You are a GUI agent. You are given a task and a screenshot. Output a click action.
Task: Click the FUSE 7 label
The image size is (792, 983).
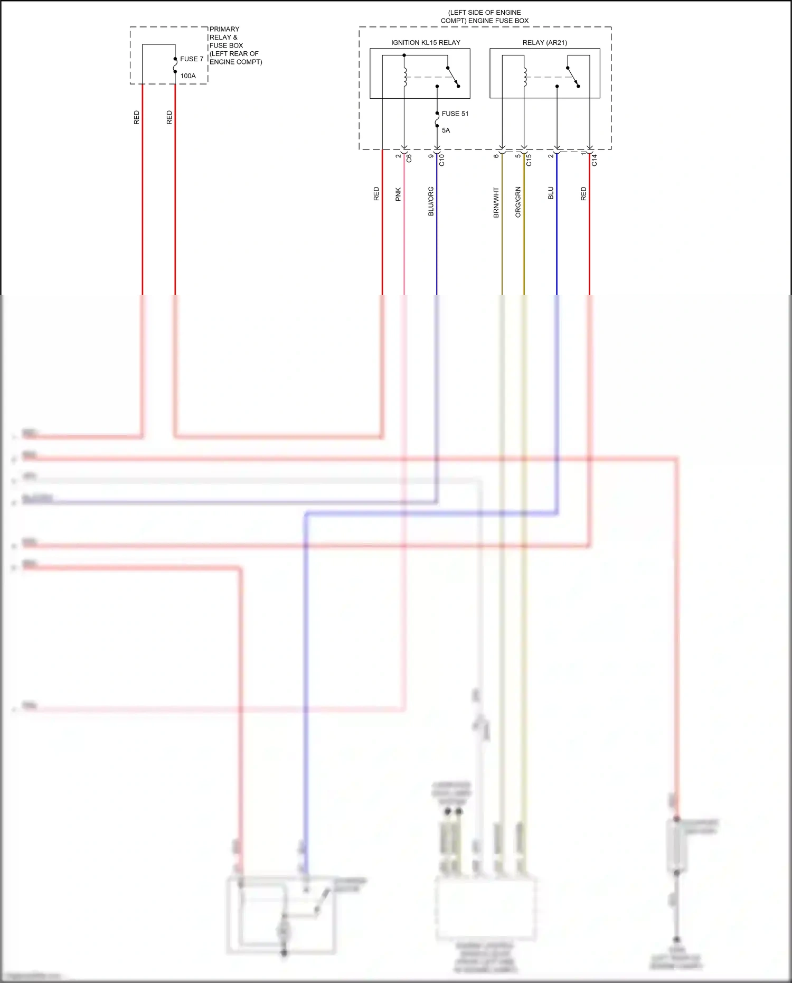pos(191,59)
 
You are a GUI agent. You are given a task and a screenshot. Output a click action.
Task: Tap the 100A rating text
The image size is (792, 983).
pos(188,76)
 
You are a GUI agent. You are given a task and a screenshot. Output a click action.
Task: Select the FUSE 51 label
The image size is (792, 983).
pos(455,114)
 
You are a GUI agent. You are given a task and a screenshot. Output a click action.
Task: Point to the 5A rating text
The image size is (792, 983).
pos(446,130)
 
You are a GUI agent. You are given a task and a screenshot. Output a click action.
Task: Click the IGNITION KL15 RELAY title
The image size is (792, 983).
pos(426,43)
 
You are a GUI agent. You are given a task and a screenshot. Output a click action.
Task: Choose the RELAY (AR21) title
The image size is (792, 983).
pos(544,43)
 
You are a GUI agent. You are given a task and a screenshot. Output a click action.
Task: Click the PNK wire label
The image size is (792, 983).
pos(398,194)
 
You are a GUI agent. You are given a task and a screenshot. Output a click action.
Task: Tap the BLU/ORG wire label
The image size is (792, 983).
pos(431,201)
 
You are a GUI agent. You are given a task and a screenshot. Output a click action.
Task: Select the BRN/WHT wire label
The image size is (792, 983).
pos(496,203)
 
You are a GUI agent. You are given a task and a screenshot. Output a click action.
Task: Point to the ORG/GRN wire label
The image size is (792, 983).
pos(518,202)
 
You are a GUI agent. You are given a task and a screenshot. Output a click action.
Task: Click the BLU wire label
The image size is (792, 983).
pos(551,193)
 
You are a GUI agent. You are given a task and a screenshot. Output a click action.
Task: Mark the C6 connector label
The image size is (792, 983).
pos(409,158)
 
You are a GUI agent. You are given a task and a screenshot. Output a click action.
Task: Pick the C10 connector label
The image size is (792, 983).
pos(442,160)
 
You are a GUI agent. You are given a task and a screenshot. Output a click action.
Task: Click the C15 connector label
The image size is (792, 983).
pos(529,160)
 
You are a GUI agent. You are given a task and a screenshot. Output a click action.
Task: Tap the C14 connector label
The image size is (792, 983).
pos(595,160)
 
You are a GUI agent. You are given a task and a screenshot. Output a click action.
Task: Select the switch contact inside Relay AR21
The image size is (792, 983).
pos(573,77)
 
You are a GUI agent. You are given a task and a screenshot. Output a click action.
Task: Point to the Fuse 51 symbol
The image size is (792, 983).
pos(437,120)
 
